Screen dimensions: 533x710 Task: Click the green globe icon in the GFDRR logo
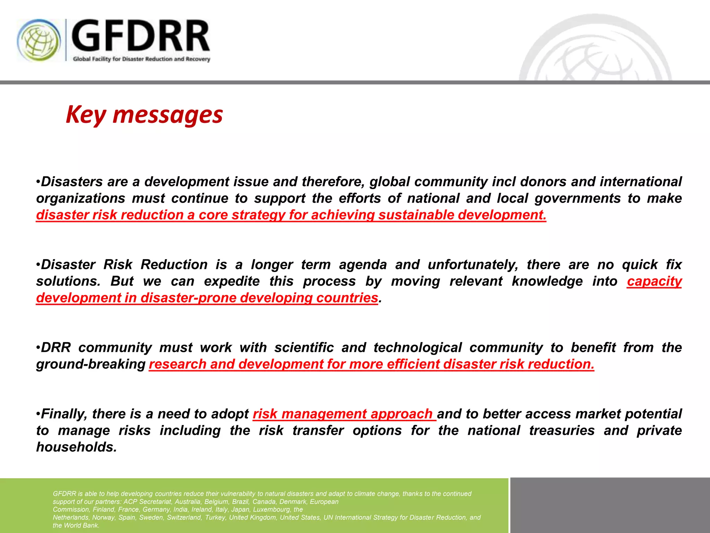[39, 40]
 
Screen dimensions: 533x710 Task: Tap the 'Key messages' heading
[144, 115]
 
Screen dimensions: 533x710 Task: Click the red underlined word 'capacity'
[654, 281]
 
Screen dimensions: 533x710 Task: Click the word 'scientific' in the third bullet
[304, 347]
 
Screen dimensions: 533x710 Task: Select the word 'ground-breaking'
[91, 364]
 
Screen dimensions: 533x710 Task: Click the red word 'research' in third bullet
[177, 364]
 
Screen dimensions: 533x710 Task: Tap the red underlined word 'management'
[324, 414]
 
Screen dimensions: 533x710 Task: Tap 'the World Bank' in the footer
[76, 525]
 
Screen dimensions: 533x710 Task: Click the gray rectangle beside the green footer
[609, 505]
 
